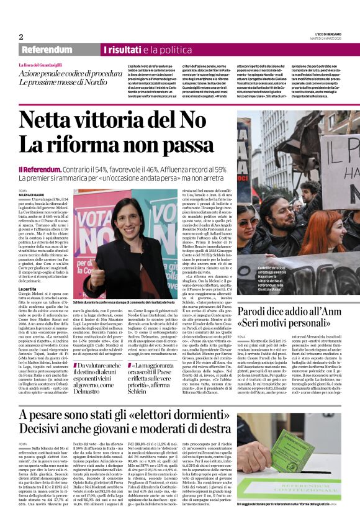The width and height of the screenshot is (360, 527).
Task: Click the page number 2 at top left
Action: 20,37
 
